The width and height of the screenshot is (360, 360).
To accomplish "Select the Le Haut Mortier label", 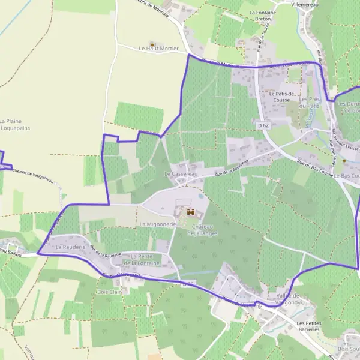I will point(158,49).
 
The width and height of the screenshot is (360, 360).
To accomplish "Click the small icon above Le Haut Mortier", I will point(152,44).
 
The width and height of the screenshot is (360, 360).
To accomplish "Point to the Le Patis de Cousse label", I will point(283,97).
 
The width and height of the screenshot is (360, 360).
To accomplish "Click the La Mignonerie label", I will point(157,224).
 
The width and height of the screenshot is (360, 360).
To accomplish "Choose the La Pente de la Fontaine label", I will point(142,260).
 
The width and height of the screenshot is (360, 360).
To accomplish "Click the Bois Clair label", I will point(109,292).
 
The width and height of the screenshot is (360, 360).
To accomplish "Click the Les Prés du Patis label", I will point(310,103).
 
